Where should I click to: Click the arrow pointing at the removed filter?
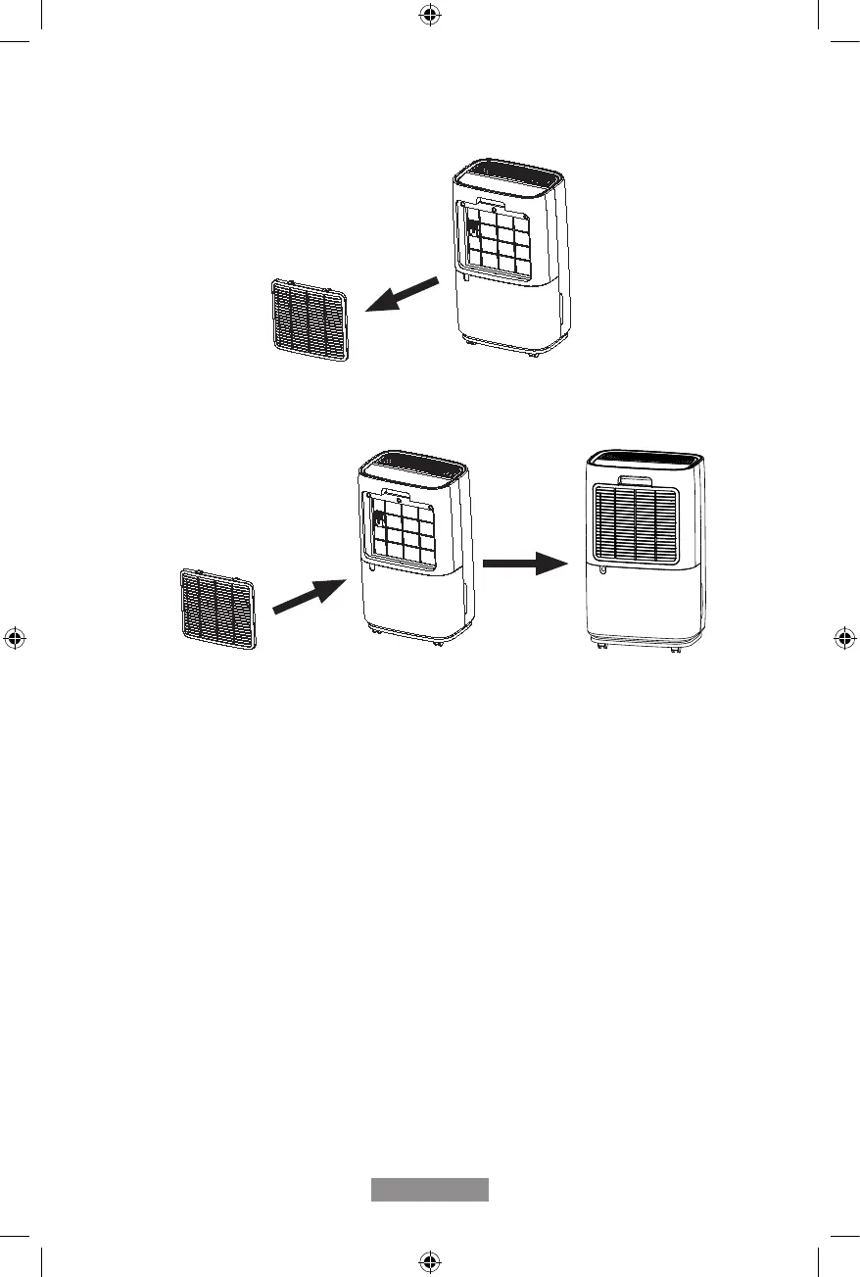403,294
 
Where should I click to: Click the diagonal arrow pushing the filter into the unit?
310,595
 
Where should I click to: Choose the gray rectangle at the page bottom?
429,1189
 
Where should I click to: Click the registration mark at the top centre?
429,16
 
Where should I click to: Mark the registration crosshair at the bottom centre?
429,1259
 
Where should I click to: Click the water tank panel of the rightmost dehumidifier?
642,603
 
